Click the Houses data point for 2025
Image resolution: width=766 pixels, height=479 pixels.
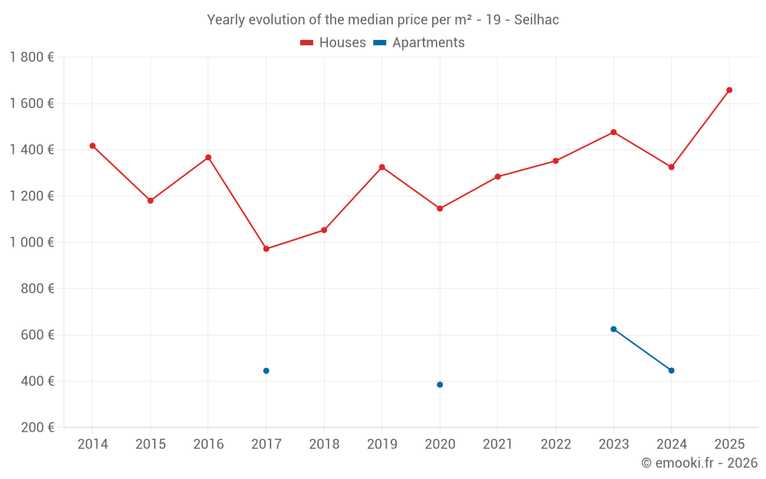(x=729, y=90)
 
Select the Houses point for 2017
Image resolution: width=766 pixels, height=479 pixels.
(x=266, y=249)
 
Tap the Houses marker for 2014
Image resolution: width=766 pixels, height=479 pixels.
(x=93, y=146)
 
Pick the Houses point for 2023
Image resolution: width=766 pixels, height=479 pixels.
(x=614, y=132)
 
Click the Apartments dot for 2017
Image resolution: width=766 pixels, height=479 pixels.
(x=266, y=371)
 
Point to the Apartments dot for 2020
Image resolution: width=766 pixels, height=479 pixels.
(x=440, y=385)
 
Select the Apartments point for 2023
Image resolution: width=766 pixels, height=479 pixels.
(x=614, y=329)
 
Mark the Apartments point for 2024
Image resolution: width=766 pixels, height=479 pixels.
(x=671, y=370)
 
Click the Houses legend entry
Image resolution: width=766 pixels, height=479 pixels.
(x=333, y=43)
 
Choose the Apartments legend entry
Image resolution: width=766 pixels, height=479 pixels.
(x=419, y=43)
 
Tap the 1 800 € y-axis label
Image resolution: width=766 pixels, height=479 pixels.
(x=31, y=57)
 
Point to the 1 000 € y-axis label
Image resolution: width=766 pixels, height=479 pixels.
(x=31, y=242)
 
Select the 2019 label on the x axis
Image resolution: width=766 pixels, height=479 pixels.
(x=381, y=445)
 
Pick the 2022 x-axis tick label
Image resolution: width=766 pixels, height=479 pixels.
(x=555, y=445)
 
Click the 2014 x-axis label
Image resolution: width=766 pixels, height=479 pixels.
(x=93, y=445)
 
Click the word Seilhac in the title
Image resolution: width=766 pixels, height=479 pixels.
(x=536, y=20)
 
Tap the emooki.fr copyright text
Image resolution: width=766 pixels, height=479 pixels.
(x=699, y=463)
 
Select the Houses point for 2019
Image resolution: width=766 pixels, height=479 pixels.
(x=381, y=167)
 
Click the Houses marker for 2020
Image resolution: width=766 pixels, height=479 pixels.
(x=440, y=208)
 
